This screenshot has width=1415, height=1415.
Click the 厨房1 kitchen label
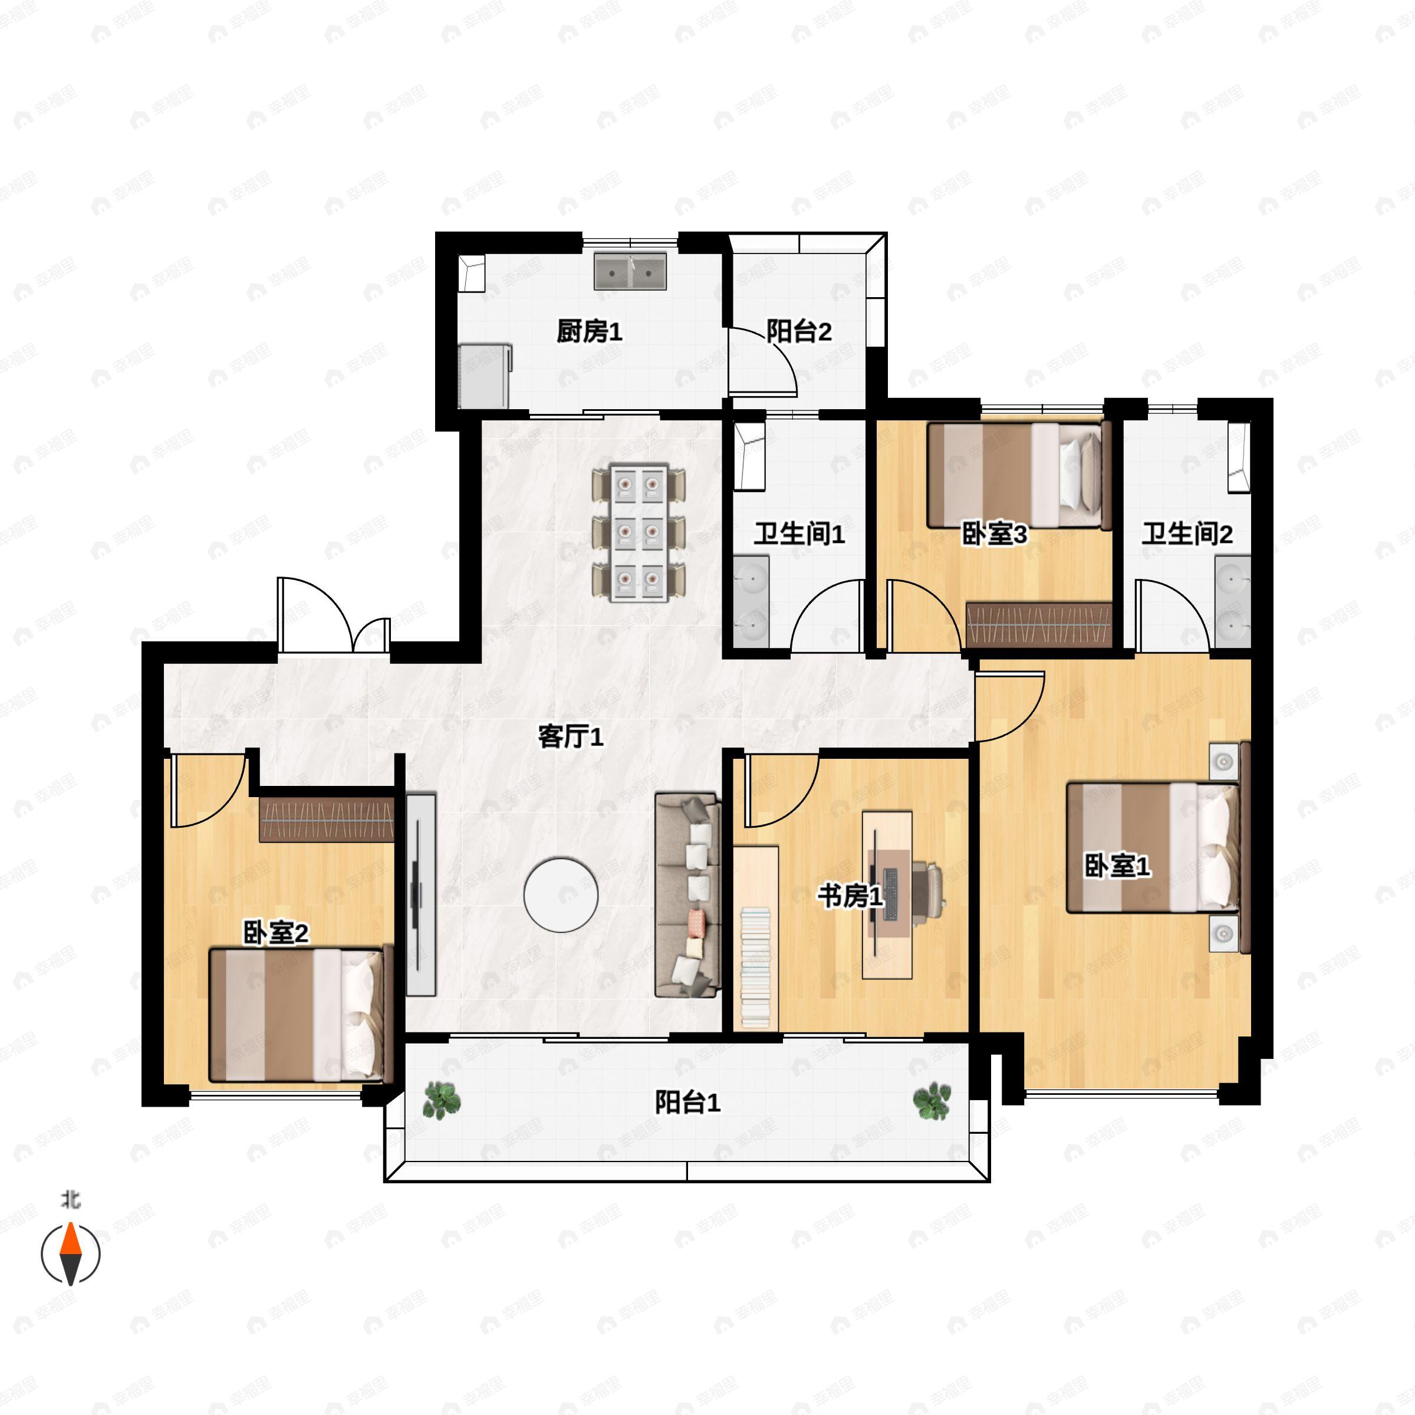click(589, 332)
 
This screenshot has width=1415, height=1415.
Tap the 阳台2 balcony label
click(799, 332)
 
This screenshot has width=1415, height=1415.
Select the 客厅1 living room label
click(571, 737)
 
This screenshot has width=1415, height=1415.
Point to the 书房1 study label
click(850, 896)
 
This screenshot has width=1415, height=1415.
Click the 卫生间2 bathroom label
click(1187, 534)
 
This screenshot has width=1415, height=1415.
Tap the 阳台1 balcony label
click(687, 1103)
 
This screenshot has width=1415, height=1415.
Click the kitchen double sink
click(630, 271)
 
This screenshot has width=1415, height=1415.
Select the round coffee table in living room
click(561, 895)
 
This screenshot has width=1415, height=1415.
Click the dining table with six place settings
click(639, 532)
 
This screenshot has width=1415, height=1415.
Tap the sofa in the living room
click(687, 894)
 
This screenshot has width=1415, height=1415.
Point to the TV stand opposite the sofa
click(420, 894)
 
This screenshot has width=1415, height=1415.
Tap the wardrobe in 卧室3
click(1038, 625)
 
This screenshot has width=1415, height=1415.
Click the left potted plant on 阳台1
click(442, 1101)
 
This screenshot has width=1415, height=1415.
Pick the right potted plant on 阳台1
click(932, 1101)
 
